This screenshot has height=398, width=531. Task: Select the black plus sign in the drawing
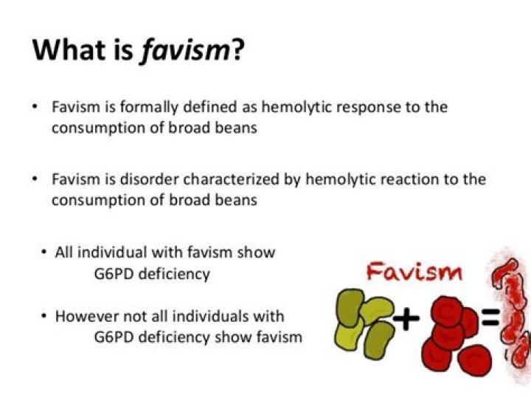(x=406, y=319)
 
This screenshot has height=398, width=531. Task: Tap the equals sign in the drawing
(x=490, y=320)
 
